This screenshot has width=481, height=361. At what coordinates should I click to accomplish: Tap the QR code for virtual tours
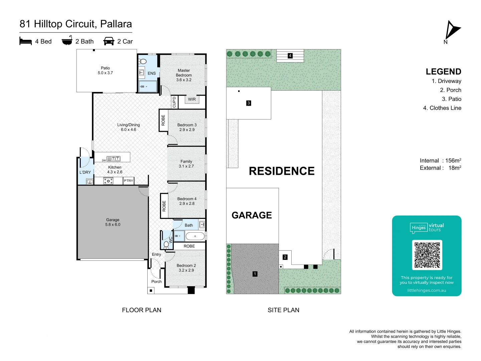point(427,255)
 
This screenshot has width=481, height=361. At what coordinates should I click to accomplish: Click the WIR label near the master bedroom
point(192,99)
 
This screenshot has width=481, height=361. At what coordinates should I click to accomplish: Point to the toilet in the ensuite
point(143,62)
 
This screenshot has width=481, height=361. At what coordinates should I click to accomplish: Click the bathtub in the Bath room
point(195,236)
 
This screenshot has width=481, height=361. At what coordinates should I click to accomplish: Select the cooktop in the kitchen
point(108,181)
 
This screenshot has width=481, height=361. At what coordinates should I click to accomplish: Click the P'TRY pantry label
point(129,181)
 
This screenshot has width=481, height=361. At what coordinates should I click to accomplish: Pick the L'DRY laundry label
point(85,172)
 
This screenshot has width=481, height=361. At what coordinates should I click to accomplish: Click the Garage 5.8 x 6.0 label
point(113,222)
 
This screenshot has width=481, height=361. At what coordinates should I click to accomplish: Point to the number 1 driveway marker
point(255,274)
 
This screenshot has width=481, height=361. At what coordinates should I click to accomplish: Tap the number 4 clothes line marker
point(290,56)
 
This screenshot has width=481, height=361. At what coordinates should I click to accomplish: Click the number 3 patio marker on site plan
point(249,103)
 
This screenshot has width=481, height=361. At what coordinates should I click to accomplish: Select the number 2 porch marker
point(285,257)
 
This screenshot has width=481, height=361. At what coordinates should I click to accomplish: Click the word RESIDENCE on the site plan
point(282,171)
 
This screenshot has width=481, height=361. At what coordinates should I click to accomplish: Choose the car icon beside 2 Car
point(109,41)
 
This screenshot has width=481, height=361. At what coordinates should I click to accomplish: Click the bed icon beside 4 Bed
point(26,41)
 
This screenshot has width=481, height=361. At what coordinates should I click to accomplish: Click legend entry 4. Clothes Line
point(442,108)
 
